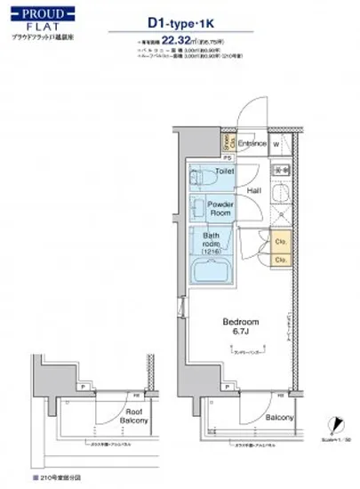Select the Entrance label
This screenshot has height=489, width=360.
(252, 141)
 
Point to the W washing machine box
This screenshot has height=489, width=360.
(276, 143)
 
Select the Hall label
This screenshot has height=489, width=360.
(253, 190)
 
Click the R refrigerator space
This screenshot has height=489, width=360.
(281, 215)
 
